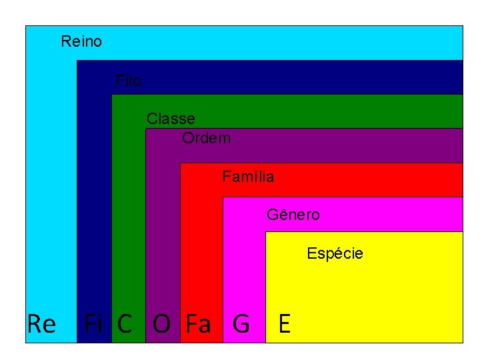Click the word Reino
[81, 41]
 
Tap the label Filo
[128, 81]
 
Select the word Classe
[171, 119]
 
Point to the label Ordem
[207, 139]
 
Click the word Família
[248, 177]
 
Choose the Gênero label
[293, 215]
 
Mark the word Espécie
[335, 253]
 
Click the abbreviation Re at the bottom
[41, 324]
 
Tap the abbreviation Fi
[93, 324]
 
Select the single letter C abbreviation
[125, 324]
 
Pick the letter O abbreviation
[161, 324]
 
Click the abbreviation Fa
[198, 324]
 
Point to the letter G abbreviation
[241, 324]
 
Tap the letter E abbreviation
[285, 324]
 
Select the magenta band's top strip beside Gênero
[400, 215]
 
